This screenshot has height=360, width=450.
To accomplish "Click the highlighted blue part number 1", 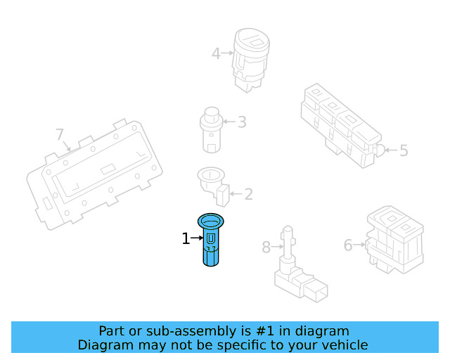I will pyautogui.click(x=211, y=243).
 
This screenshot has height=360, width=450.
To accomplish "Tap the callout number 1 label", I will pyautogui.click(x=186, y=239).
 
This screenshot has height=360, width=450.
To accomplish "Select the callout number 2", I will pyautogui.click(x=247, y=194).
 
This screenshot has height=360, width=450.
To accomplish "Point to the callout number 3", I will pyautogui.click(x=241, y=122).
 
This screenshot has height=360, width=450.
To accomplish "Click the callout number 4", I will pyautogui.click(x=216, y=52).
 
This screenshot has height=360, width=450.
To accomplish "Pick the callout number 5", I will pyautogui.click(x=403, y=150).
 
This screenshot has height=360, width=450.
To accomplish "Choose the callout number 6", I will pyautogui.click(x=348, y=245).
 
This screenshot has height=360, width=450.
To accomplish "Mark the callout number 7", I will pyautogui.click(x=60, y=134).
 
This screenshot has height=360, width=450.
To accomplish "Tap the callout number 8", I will pyautogui.click(x=266, y=247).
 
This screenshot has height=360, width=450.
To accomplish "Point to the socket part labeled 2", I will pyautogui.click(x=213, y=184).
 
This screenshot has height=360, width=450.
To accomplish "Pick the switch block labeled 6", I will pyautogui.click(x=394, y=239).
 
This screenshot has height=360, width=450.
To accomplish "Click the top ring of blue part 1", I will pyautogui.click(x=211, y=221).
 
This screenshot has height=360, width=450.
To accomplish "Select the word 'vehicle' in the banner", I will pyautogui.click(x=344, y=345).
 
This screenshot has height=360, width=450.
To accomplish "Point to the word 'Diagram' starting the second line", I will pyautogui.click(x=103, y=345).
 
